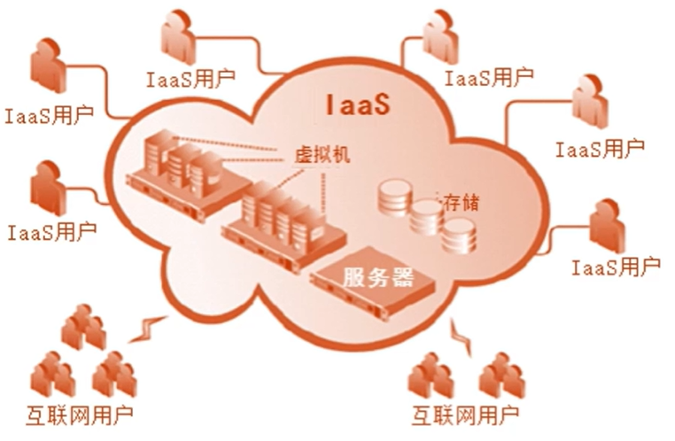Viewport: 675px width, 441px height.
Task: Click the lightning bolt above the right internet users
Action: tap(462, 336)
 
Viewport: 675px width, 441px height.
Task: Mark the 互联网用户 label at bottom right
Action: tap(465, 414)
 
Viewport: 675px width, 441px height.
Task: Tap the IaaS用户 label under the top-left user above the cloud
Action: tap(190, 78)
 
